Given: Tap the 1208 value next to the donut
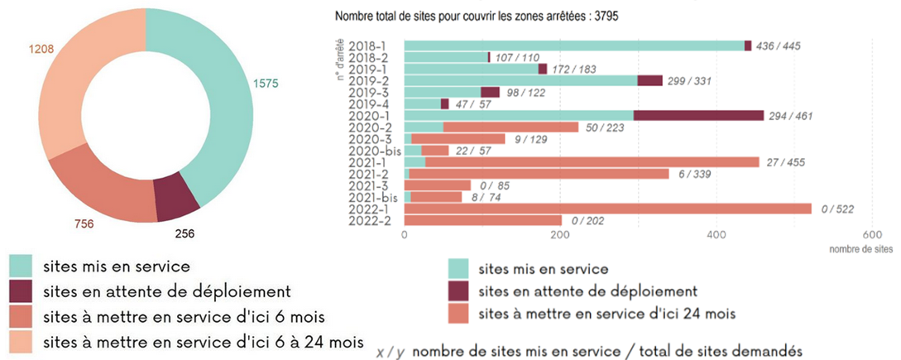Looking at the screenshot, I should pyautogui.click(x=41, y=50).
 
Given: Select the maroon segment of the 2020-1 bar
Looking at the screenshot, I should pyautogui.click(x=698, y=115).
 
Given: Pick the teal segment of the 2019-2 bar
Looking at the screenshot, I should pyautogui.click(x=520, y=80).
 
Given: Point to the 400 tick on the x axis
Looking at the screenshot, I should pyautogui.click(x=716, y=234).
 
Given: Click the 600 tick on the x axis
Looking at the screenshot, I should pyautogui.click(x=871, y=234).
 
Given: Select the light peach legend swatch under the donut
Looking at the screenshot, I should pyautogui.click(x=22, y=342).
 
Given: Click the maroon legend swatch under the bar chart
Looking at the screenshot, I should pyautogui.click(x=461, y=291).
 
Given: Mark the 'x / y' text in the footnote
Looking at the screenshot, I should pyautogui.click(x=390, y=350).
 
